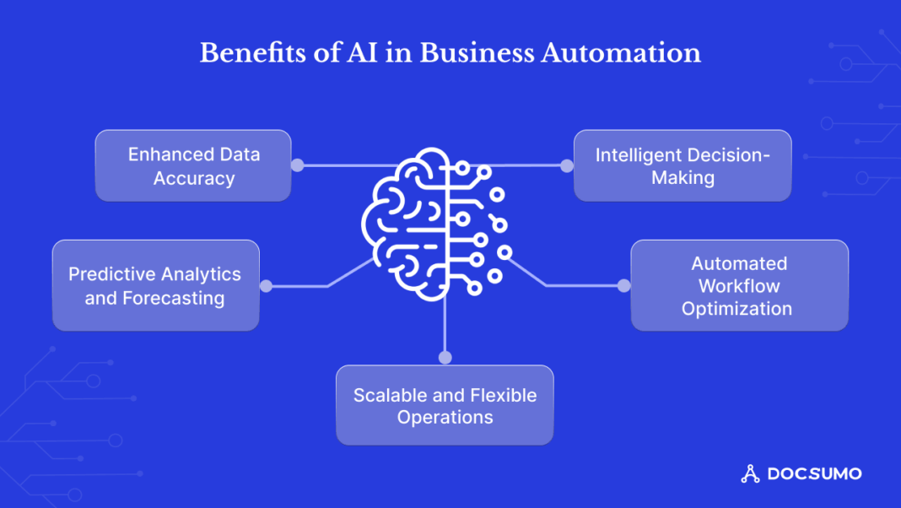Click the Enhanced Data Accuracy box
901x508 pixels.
click(193, 165)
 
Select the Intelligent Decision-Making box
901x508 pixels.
click(682, 165)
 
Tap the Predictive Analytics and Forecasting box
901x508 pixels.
click(155, 285)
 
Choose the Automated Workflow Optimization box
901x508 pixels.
click(739, 285)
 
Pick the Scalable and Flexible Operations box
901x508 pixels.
click(445, 405)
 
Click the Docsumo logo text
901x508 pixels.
click(814, 474)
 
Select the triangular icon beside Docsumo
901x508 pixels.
click(750, 474)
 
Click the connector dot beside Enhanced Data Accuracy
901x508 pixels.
click(297, 165)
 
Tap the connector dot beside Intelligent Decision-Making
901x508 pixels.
click(567, 165)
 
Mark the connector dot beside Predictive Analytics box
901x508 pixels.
click(266, 286)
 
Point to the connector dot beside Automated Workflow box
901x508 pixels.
click(623, 286)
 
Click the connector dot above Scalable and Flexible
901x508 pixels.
click(445, 357)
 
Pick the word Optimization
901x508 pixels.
click(736, 309)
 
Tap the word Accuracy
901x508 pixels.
click(193, 178)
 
